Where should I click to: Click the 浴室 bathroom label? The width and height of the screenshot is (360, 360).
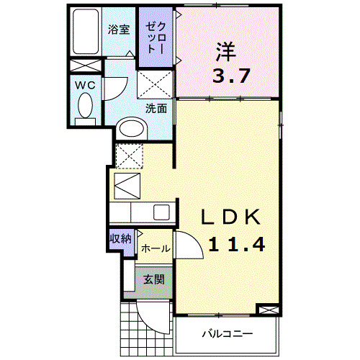[x=119, y=30]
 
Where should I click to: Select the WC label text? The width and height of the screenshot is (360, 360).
[x=86, y=84]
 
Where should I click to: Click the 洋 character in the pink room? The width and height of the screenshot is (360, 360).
[x=225, y=53]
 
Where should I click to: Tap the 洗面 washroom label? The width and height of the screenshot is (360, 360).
[x=156, y=109]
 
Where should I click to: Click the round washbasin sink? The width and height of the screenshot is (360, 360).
[x=131, y=129]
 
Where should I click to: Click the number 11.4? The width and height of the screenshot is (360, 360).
[x=237, y=244]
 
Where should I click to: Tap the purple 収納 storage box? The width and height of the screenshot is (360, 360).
[x=120, y=239]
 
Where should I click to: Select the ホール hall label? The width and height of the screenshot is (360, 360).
[x=155, y=248]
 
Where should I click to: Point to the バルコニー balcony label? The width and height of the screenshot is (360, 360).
[x=227, y=335]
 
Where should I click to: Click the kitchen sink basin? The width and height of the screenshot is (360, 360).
[x=161, y=213]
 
